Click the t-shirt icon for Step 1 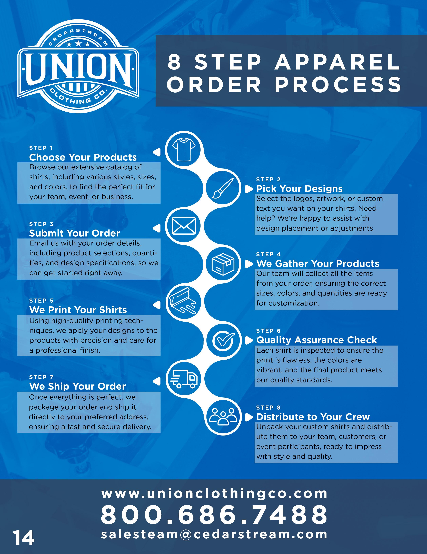pyautogui.click(x=184, y=149)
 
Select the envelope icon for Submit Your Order pyautogui.click(x=184, y=226)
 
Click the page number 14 pyautogui.click(x=24, y=538)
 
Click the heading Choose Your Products pyautogui.click(x=83, y=157)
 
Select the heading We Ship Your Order pyautogui.click(x=77, y=386)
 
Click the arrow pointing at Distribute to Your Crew pyautogui.click(x=249, y=417)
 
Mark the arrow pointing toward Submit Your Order pyautogui.click(x=157, y=228)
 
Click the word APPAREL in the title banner pyautogui.click(x=337, y=62)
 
